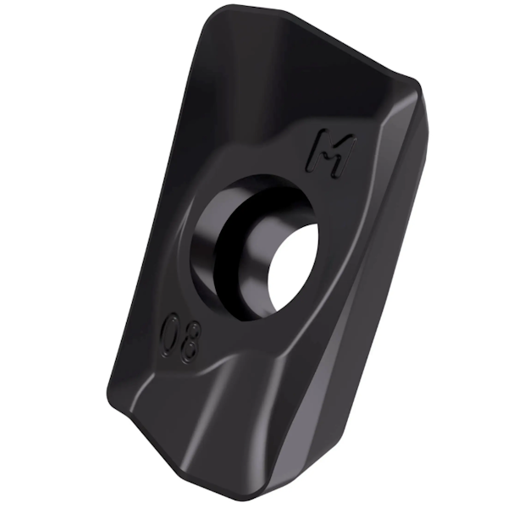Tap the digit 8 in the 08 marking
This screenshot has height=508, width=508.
click(187, 343)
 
